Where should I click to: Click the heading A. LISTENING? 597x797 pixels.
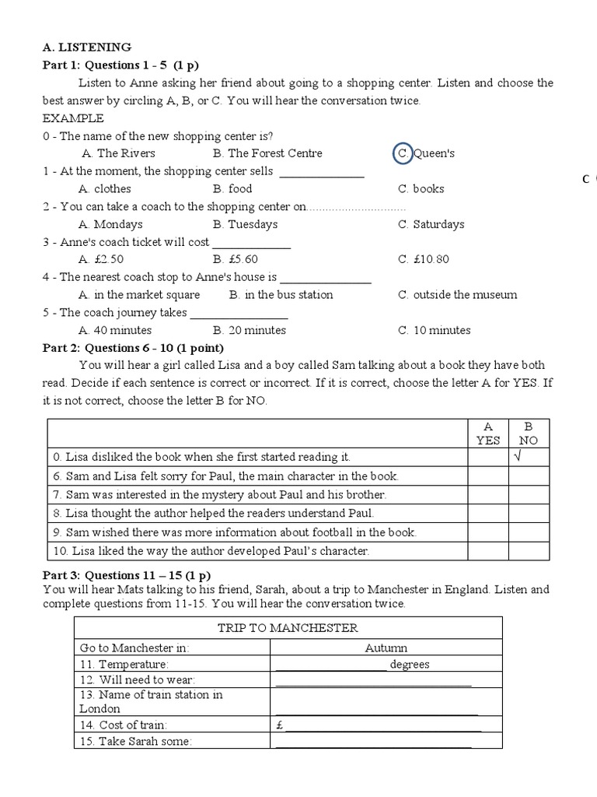(86, 47)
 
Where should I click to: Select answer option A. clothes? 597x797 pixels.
(105, 189)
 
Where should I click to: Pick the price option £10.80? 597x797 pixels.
(423, 259)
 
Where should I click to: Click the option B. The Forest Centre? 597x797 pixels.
(267, 153)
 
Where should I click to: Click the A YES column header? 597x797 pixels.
(488, 433)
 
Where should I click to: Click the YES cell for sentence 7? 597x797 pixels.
(488, 494)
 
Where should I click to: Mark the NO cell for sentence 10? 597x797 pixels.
(529, 551)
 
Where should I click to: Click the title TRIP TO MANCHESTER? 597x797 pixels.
(288, 628)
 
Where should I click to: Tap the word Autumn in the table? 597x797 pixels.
(386, 648)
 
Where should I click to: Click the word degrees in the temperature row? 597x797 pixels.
(410, 665)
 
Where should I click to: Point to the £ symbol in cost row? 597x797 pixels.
(279, 725)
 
